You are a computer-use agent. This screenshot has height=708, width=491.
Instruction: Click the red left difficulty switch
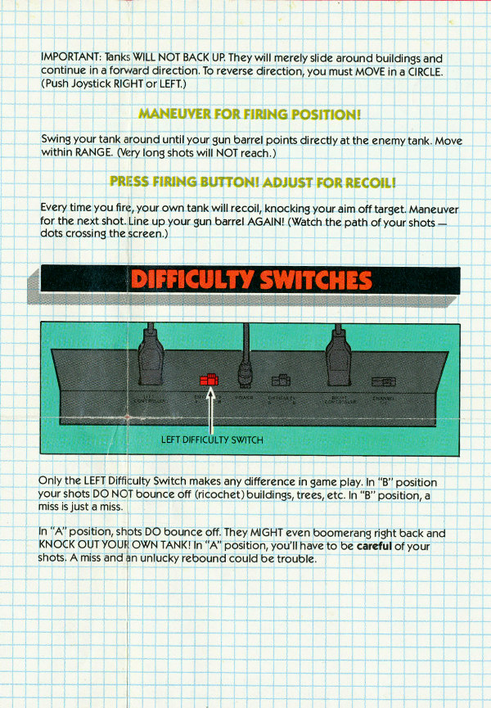click(x=209, y=379)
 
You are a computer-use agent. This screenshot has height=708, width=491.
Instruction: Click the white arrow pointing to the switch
click(x=210, y=413)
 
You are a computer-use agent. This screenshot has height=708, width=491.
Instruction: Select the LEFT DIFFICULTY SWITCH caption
click(x=212, y=440)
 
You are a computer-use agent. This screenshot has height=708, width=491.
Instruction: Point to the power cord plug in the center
click(x=245, y=379)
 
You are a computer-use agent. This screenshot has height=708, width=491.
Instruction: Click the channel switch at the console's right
click(x=381, y=381)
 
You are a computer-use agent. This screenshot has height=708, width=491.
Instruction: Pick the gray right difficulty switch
click(x=280, y=381)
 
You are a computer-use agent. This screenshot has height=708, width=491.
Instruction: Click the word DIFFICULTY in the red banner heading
click(x=193, y=279)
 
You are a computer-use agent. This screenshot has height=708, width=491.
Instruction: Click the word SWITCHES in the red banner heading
click(x=314, y=279)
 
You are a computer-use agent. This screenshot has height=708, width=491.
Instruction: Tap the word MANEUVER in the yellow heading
click(x=174, y=113)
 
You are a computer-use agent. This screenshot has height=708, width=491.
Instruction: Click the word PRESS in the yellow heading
click(x=132, y=181)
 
